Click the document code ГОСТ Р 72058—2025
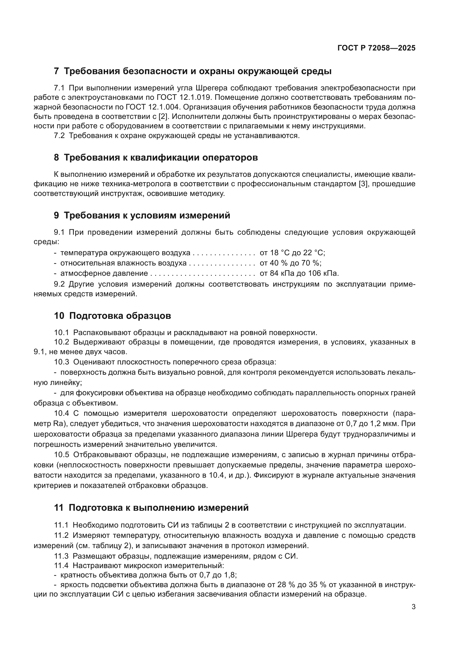pyautogui.click(x=376, y=48)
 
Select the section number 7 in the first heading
pyautogui.click(x=57, y=71)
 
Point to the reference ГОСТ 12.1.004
pyautogui.click(x=154, y=107)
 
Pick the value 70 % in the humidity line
pyautogui.click(x=311, y=263)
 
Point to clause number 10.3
pyautogui.click(x=62, y=362)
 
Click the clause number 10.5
pyautogui.click(x=62, y=455)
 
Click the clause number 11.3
pyautogui.click(x=61, y=556)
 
